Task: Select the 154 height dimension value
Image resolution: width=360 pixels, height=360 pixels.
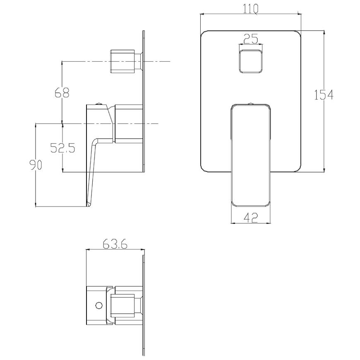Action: pos(324,95)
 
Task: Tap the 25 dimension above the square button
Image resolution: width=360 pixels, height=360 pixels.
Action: pos(251,39)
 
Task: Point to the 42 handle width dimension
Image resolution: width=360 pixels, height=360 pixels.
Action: pos(251,217)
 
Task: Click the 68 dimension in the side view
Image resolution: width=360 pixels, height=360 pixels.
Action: pos(62,93)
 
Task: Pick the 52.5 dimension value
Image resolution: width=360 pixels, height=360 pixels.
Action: pos(62,148)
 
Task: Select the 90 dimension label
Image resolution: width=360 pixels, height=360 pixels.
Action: pos(36,165)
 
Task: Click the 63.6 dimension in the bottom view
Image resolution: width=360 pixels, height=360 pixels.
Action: pos(115,244)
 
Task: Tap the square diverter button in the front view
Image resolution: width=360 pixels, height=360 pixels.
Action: pos(251,61)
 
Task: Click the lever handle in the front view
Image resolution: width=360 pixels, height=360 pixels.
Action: pos(251,155)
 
